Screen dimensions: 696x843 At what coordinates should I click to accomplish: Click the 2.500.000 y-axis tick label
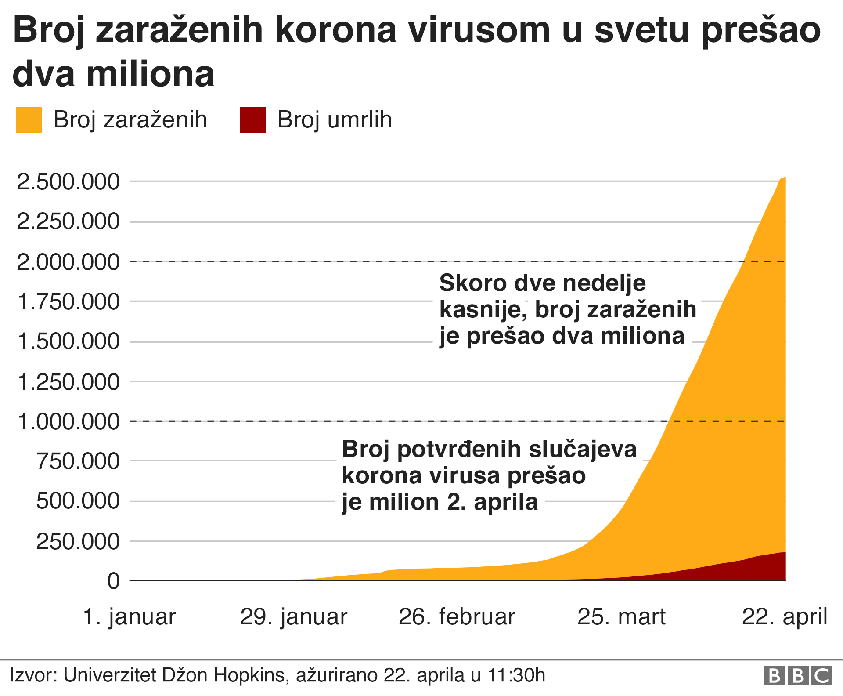[x=68, y=182]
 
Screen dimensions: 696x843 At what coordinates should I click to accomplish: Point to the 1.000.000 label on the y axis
[x=68, y=422]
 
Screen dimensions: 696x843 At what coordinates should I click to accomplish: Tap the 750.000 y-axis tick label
[x=78, y=461]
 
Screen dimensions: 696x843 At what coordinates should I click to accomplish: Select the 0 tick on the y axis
[x=113, y=581]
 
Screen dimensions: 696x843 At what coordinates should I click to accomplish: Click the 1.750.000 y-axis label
[x=68, y=302]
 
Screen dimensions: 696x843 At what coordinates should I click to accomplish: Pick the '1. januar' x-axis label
[x=129, y=616]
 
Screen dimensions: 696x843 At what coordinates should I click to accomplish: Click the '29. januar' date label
[x=293, y=616]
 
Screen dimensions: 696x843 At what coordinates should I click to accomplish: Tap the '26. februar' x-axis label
[x=457, y=616]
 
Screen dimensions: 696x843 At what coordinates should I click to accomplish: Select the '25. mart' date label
[x=621, y=616]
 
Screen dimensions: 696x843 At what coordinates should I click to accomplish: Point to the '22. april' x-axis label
[x=785, y=616]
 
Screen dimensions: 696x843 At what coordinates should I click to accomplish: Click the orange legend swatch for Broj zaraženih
[x=29, y=120]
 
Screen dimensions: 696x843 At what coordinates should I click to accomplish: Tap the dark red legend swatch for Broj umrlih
[x=253, y=120]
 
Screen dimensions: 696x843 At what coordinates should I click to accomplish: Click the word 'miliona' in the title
[x=150, y=74]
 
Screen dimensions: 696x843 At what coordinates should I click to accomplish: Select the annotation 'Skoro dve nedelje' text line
[x=542, y=283]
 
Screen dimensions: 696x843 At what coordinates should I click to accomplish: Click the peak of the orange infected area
[x=785, y=178]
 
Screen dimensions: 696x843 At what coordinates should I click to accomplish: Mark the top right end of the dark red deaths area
[x=784, y=553]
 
